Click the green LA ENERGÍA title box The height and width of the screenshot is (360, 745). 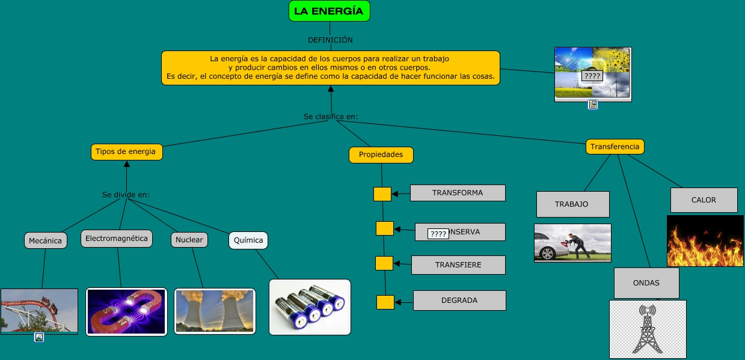point(329,11)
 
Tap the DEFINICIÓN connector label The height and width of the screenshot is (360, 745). point(330,40)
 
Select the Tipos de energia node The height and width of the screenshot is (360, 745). point(126,152)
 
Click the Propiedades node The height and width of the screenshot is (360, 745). point(381,155)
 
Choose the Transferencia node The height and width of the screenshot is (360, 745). point(615,147)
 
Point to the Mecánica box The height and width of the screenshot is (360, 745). point(45,241)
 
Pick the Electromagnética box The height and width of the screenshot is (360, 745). point(117,239)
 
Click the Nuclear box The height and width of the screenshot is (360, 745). point(189,240)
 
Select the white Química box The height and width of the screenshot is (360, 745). point(248,240)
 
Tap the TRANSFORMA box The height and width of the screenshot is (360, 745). point(458,193)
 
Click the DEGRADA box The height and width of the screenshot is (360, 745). point(459,301)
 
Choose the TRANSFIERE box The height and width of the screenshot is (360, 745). point(458,265)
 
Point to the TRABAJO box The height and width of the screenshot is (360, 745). point(572,204)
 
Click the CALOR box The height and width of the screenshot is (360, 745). point(704,200)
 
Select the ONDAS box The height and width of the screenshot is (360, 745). point(646,283)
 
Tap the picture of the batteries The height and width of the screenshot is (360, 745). point(310,307)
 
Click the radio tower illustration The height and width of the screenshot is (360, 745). point(648,329)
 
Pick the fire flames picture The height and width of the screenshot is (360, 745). point(705,241)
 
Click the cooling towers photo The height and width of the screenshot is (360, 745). point(215,311)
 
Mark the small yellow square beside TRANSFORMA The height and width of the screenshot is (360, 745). point(382,194)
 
